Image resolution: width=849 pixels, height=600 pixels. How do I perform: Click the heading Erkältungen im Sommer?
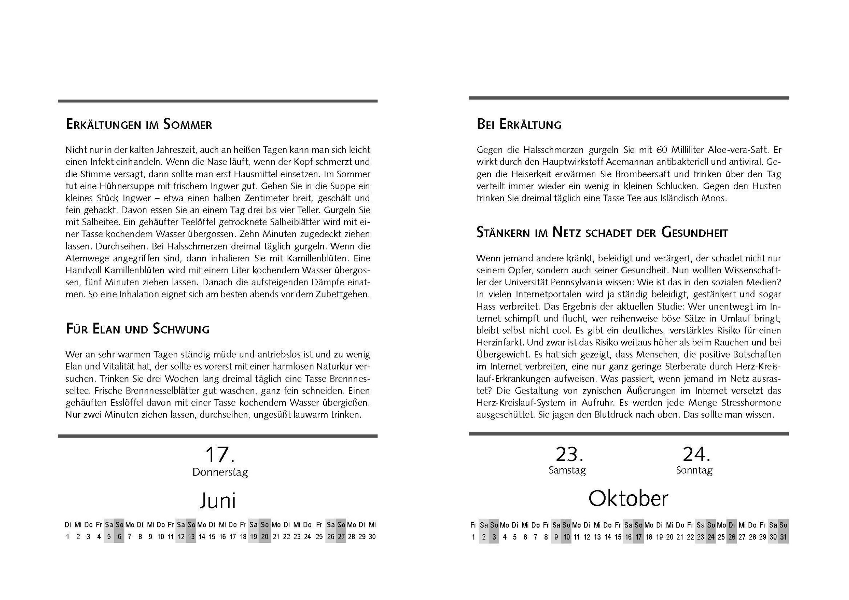139,124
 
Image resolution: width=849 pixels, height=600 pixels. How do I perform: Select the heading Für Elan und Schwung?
138,329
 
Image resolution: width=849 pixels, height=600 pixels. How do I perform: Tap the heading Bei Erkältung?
519,124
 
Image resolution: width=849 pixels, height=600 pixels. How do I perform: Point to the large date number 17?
220,455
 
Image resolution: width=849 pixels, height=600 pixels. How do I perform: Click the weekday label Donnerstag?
220,472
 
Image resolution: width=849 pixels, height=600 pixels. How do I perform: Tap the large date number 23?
569,454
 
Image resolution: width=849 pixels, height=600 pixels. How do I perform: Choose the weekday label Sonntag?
694,470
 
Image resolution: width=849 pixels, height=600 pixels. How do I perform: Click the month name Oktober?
628,499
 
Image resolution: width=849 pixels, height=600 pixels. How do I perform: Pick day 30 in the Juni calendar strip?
372,537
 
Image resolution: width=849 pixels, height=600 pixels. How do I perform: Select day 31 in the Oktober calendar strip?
783,537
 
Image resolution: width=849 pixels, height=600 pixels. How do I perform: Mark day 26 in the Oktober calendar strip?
732,537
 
